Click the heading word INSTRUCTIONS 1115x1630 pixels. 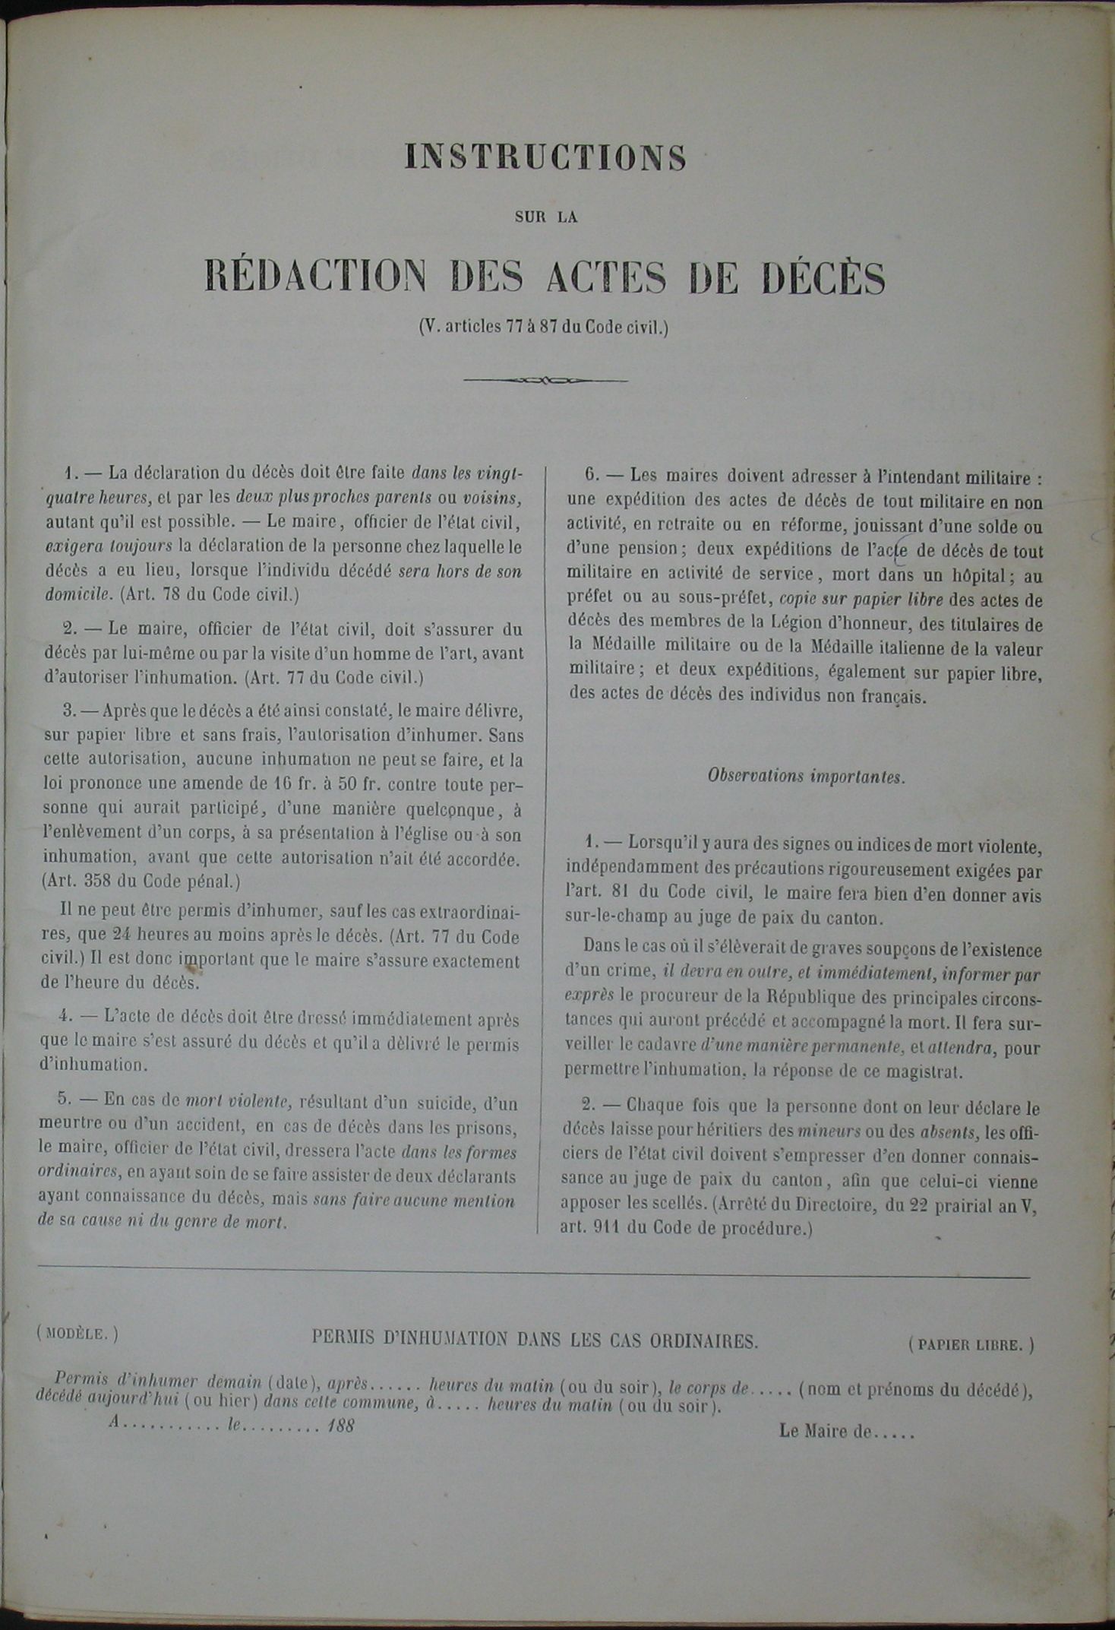[x=545, y=157]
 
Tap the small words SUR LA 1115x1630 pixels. [x=545, y=217]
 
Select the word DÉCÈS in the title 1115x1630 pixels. [x=823, y=278]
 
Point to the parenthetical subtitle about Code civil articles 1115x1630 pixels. [x=544, y=328]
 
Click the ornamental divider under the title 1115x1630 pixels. [x=545, y=379]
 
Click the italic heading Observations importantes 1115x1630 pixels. [x=806, y=777]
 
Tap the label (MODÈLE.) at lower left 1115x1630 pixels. [x=77, y=1333]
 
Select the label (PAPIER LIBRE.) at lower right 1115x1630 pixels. [x=971, y=1344]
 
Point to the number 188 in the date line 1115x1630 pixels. [x=341, y=1426]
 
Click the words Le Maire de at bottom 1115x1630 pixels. [x=824, y=1432]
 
